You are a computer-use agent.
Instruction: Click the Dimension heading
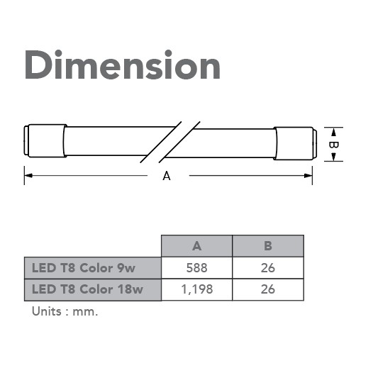click(x=123, y=65)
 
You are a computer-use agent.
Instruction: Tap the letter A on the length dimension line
click(x=167, y=177)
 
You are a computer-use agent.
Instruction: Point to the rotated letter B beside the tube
click(x=333, y=145)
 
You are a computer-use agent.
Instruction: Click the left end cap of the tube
click(x=45, y=140)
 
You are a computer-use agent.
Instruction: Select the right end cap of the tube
click(x=295, y=143)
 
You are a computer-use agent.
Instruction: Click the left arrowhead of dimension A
click(x=28, y=176)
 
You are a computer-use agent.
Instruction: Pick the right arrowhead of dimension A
click(x=308, y=176)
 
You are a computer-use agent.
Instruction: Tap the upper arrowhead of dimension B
click(x=333, y=133)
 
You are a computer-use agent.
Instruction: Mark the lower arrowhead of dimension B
click(x=333, y=157)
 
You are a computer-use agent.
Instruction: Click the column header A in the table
click(x=196, y=246)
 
